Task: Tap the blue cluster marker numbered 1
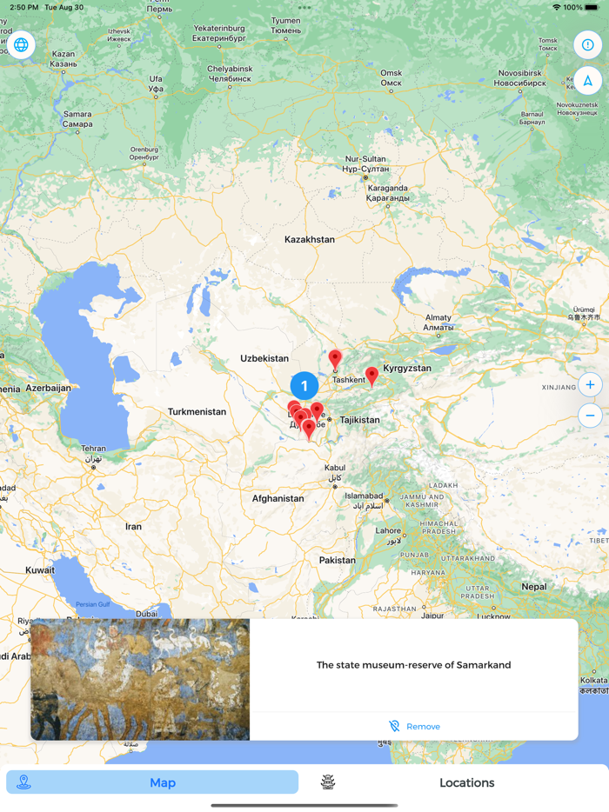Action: click(304, 386)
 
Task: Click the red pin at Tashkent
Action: click(335, 358)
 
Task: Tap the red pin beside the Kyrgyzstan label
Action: click(371, 376)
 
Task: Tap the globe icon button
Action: click(21, 44)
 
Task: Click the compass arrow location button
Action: click(588, 81)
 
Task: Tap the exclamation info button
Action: click(588, 44)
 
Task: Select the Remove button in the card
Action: click(414, 726)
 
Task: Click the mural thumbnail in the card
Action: click(140, 679)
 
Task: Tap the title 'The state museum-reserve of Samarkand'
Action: click(413, 665)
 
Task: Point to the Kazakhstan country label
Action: click(309, 239)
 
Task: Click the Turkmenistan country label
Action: click(197, 412)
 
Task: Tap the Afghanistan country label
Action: click(278, 498)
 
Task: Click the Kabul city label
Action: click(335, 469)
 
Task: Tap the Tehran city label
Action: click(94, 449)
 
